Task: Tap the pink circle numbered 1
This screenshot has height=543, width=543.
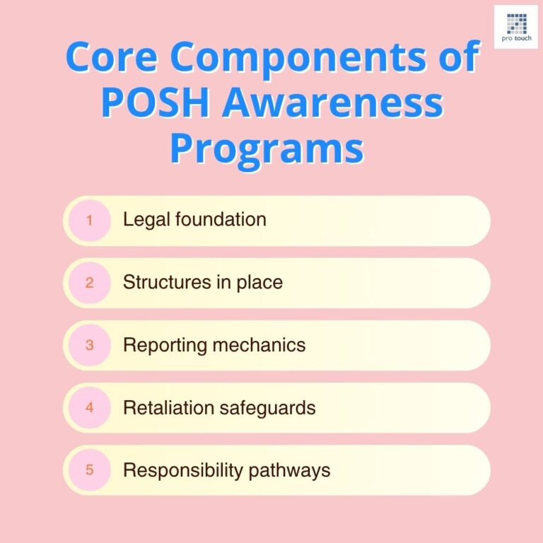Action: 89,221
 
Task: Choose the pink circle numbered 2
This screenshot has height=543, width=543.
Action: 89,283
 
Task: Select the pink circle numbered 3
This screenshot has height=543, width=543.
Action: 89,345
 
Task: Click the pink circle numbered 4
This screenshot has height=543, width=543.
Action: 89,408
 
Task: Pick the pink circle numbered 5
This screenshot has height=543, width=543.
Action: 89,470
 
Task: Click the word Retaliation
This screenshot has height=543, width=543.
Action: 169,408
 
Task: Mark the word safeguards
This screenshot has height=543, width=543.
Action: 268,408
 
